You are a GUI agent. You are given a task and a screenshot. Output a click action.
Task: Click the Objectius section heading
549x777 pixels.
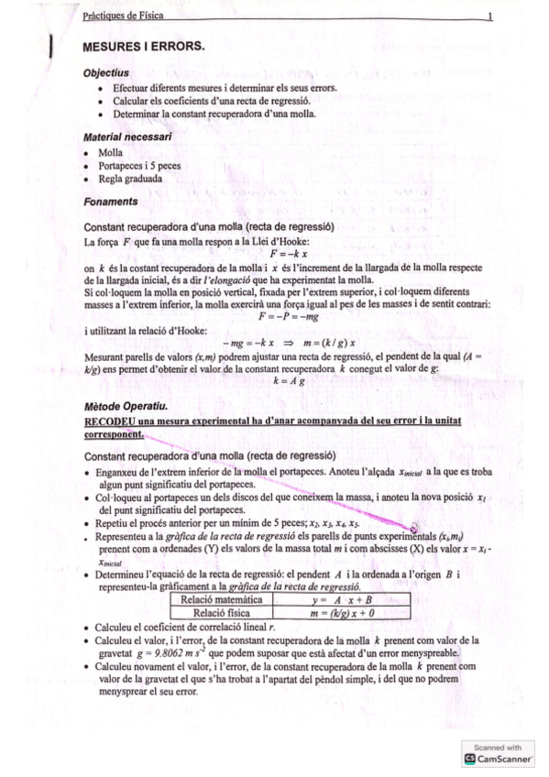pos(105,71)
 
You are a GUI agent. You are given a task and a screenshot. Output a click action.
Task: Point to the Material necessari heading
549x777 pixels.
pos(127,137)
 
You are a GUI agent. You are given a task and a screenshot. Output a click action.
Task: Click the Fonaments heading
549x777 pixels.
pos(110,201)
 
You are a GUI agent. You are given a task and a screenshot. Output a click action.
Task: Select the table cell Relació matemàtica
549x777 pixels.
pos(221,599)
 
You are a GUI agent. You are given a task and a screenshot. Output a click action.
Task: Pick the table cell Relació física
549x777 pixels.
pos(221,612)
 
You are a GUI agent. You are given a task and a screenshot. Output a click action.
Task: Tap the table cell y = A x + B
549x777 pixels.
pos(338,599)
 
